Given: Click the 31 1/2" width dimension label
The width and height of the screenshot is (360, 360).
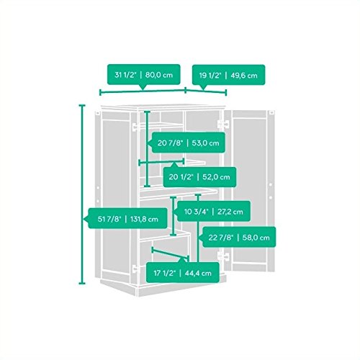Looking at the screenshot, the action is click(143, 75).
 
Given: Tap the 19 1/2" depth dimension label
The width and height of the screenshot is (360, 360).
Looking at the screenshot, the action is click(228, 76).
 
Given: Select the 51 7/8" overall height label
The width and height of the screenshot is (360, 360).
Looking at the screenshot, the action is click(128, 219).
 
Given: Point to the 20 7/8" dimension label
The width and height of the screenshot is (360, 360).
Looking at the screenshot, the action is click(189, 143).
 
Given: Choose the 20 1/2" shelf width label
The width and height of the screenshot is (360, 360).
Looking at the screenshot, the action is click(199, 177).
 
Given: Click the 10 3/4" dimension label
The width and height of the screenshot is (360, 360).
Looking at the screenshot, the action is click(214, 212).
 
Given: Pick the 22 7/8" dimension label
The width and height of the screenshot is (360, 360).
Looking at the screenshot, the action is click(239, 238).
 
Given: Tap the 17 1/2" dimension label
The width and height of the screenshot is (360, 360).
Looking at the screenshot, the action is click(183, 273).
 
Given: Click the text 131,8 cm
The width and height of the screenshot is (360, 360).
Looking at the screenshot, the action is click(144, 219).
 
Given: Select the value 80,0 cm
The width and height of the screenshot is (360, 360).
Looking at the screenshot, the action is click(159, 75).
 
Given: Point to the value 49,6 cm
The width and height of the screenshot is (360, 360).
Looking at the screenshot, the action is click(244, 76).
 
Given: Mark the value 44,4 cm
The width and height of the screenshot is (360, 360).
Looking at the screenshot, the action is click(198, 273).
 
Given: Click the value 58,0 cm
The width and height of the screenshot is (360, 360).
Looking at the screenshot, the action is click(256, 238).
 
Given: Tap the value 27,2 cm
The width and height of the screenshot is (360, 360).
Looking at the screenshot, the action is click(230, 212).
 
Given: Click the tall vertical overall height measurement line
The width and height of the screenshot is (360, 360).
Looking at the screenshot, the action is click(82, 194).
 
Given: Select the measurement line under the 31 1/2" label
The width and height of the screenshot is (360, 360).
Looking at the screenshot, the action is click(143, 91).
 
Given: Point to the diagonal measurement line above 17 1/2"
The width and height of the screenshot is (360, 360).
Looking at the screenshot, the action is click(170, 254).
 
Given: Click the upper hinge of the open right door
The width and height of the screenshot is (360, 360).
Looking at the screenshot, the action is click(223, 124).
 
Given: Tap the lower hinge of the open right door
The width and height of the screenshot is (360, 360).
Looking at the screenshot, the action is click(223, 256).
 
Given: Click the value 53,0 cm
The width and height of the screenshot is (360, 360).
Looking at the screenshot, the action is click(205, 143).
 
